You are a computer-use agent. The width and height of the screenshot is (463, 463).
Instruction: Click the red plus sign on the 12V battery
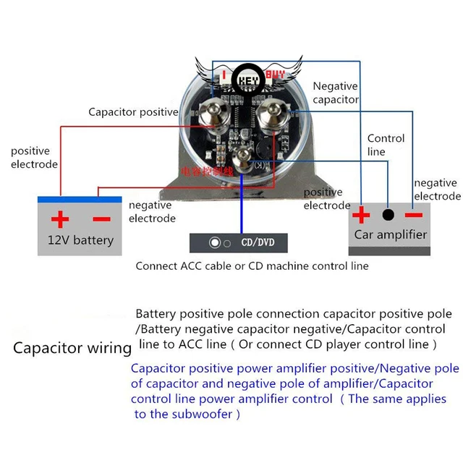click(59, 218)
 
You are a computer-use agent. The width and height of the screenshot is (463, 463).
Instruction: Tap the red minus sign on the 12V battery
click(101, 218)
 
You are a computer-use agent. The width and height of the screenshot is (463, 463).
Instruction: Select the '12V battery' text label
click(80, 239)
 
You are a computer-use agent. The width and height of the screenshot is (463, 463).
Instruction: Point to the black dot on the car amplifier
click(388, 215)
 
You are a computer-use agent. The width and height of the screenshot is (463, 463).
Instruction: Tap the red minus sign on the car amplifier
click(413, 214)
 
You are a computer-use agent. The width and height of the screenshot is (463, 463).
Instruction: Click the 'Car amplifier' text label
click(390, 234)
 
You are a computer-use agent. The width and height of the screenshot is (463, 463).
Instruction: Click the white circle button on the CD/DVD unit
click(214, 242)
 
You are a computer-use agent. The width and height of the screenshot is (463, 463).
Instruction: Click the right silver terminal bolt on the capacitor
click(276, 113)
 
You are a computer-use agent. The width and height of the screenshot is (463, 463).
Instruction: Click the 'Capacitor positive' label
click(133, 112)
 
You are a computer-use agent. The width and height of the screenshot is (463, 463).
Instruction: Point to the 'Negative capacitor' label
click(336, 93)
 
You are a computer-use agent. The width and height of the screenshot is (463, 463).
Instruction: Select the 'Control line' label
click(386, 145)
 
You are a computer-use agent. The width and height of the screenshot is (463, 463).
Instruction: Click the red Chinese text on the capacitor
click(208, 172)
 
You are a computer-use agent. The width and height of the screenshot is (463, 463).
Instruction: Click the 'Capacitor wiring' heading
click(72, 348)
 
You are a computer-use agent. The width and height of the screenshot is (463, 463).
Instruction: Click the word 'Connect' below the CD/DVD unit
click(156, 266)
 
